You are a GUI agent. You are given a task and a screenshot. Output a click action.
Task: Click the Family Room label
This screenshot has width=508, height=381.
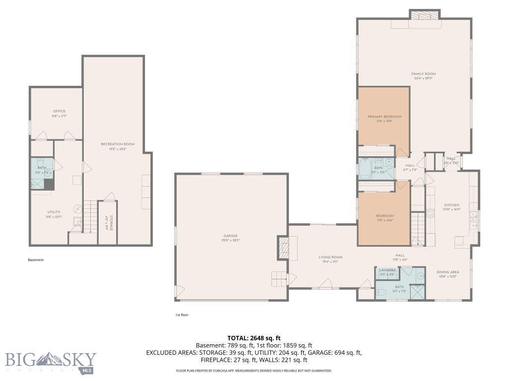click(x=423, y=74)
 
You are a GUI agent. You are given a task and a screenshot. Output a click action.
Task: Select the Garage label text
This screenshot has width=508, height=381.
click(x=230, y=236)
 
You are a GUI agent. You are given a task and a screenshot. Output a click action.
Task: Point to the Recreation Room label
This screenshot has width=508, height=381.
click(x=118, y=144)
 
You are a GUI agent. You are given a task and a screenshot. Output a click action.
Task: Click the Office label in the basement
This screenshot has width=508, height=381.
click(x=59, y=111)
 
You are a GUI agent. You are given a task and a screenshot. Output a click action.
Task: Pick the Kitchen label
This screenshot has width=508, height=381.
click(x=451, y=205)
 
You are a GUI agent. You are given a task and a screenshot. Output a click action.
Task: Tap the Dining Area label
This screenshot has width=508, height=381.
click(x=447, y=272)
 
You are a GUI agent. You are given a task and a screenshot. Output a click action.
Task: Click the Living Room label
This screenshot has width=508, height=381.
click(x=330, y=257)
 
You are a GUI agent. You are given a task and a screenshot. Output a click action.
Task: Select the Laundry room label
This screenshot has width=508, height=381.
click(x=387, y=270)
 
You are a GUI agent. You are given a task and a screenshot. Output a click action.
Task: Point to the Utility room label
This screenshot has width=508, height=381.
click(x=54, y=212)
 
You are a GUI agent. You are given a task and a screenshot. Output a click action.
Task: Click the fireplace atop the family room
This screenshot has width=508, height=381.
click(x=425, y=15)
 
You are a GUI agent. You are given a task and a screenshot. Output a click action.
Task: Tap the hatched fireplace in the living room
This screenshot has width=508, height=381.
click(x=284, y=248)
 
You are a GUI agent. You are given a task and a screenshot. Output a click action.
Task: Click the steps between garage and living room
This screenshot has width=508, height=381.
click(x=278, y=279)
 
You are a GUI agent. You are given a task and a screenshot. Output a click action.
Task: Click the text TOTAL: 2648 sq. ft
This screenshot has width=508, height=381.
click(x=254, y=338)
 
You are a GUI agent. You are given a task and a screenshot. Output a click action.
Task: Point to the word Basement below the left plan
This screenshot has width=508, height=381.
click(x=36, y=259)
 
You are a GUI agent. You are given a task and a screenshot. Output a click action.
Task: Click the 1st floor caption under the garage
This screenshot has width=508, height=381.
click(x=182, y=315)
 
